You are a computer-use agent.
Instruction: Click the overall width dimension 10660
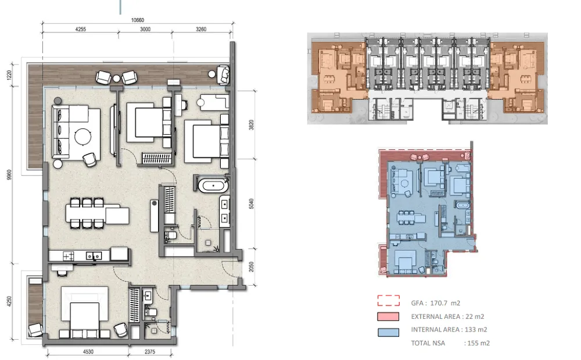click(x=138, y=20)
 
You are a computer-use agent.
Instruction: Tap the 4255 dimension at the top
click(x=80, y=29)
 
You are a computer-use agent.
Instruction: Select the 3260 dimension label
click(x=201, y=29)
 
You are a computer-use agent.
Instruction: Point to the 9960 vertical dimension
click(x=9, y=175)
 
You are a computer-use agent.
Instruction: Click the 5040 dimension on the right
click(x=251, y=204)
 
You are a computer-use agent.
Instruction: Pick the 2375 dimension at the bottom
click(x=150, y=351)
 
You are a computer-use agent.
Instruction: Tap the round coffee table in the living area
click(x=83, y=136)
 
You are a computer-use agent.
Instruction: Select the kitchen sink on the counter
click(x=94, y=255)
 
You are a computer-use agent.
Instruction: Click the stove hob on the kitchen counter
click(x=68, y=256)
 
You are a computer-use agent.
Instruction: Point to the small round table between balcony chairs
click(x=116, y=78)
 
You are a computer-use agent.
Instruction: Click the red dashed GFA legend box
click(x=388, y=300)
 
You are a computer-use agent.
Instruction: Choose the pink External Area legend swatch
click(x=388, y=316)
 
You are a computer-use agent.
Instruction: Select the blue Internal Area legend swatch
click(x=388, y=332)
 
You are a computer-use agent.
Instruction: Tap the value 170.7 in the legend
click(x=438, y=303)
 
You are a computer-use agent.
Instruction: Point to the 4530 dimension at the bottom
click(x=88, y=351)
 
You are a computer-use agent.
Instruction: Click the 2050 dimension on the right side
click(x=251, y=267)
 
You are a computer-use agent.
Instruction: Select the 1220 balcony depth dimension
click(x=9, y=75)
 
